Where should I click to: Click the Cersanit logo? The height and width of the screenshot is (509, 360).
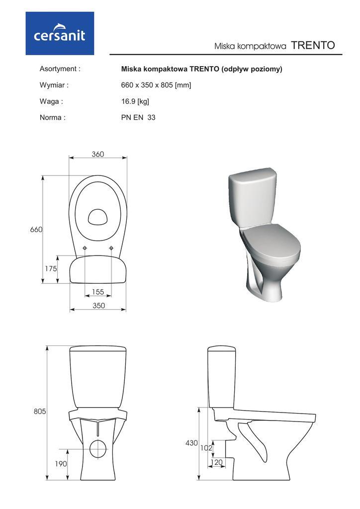coord(60,33)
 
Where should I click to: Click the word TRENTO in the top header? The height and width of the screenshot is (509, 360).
coord(313,45)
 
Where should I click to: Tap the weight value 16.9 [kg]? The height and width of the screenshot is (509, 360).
coord(135,101)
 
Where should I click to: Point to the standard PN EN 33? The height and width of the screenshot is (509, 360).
coord(138,117)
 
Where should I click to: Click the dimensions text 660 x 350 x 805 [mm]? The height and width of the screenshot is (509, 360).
coord(156,85)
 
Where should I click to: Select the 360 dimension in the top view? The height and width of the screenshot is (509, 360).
coord(98,154)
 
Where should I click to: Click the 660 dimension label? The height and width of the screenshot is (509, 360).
coord(36,230)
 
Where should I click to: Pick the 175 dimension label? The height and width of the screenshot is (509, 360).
coord(51,268)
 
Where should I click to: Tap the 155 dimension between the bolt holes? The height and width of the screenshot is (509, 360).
coord(98,291)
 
